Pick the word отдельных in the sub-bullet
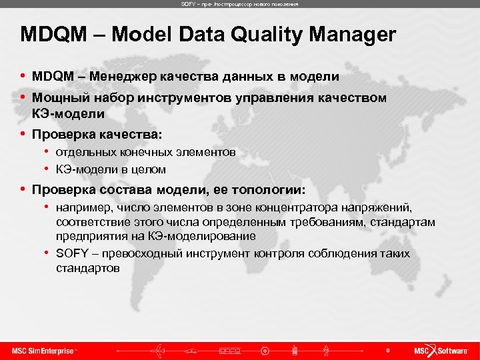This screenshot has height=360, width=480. (x=81, y=153)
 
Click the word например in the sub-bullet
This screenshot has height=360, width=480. (x=81, y=208)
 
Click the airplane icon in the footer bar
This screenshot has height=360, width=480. (x=160, y=350)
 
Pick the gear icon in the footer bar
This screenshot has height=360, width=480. (x=265, y=351)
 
